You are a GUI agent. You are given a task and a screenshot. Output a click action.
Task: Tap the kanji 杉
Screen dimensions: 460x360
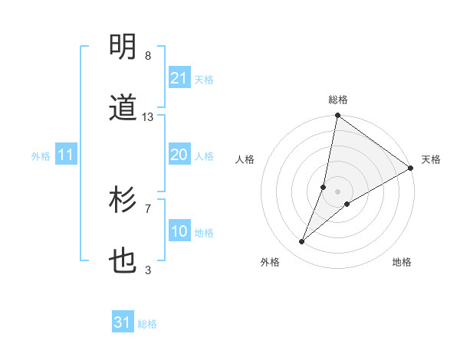pos(123,201)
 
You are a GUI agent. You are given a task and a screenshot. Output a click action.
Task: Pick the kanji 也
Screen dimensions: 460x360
pos(123,263)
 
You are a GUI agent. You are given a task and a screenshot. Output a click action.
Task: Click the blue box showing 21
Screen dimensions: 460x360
pos(179,78)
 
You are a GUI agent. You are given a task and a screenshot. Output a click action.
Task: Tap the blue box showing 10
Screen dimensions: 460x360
pos(179,232)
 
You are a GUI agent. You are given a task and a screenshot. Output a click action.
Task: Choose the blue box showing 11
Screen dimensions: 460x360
pos(66,155)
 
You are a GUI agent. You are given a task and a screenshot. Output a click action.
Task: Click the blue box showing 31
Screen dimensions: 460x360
pos(123,323)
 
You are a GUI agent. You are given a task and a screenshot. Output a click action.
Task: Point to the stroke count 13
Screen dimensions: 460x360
pos(148,117)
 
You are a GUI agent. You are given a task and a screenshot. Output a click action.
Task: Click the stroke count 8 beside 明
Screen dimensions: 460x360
pos(148,56)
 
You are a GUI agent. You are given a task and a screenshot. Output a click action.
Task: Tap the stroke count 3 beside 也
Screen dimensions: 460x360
pos(148,270)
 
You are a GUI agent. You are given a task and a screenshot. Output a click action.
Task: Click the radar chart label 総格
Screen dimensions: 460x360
pos(338,100)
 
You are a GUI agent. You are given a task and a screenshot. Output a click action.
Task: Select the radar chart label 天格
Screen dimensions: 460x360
pos(432,159)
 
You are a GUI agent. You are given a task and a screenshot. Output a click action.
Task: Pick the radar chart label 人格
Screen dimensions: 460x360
pos(245,159)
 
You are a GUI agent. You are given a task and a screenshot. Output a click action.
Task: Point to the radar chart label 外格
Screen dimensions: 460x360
pos(270,262)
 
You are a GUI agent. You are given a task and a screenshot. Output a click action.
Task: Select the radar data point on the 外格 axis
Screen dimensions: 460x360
pos(302,242)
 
